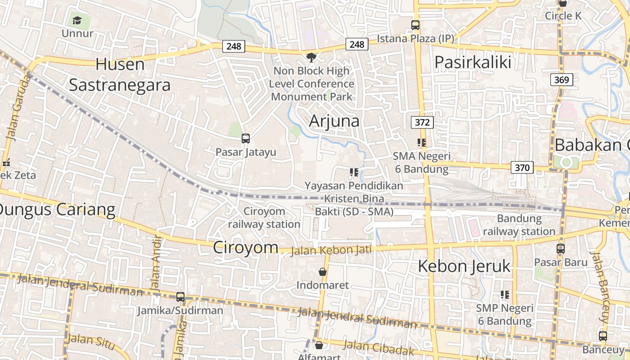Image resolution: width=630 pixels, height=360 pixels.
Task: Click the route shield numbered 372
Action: click(x=422, y=122)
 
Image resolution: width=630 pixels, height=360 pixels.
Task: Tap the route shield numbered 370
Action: click(x=522, y=168)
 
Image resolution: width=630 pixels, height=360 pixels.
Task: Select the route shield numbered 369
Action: click(x=561, y=80)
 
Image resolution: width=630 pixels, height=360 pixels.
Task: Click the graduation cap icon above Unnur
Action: click(x=77, y=21)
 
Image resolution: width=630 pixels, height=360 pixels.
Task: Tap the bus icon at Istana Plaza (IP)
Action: click(x=415, y=26)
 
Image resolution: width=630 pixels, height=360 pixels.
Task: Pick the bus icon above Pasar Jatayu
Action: click(x=246, y=139)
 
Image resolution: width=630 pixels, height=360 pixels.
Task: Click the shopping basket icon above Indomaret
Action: click(x=323, y=272)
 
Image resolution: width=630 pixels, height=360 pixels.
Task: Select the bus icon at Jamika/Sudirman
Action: click(x=180, y=297)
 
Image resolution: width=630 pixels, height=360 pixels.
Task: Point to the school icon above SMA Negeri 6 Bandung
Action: click(x=421, y=143)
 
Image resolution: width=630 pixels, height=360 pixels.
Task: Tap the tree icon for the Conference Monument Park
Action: click(x=311, y=57)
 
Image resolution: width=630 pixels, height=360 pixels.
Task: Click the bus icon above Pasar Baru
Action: click(x=561, y=248)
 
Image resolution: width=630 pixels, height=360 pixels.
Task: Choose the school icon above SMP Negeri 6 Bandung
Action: click(x=505, y=295)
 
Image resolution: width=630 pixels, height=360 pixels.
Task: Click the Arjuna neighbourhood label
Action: click(x=334, y=121)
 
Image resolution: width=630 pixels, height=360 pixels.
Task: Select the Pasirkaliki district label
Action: click(x=472, y=62)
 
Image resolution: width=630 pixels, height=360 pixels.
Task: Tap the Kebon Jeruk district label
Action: click(x=464, y=266)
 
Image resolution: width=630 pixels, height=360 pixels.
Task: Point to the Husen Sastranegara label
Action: click(x=120, y=74)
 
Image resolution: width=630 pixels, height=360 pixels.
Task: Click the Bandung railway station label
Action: click(x=519, y=225)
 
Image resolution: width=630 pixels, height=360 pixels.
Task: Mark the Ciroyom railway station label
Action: click(x=264, y=217)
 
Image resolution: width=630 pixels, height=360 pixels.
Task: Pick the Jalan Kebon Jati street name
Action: click(x=331, y=250)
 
